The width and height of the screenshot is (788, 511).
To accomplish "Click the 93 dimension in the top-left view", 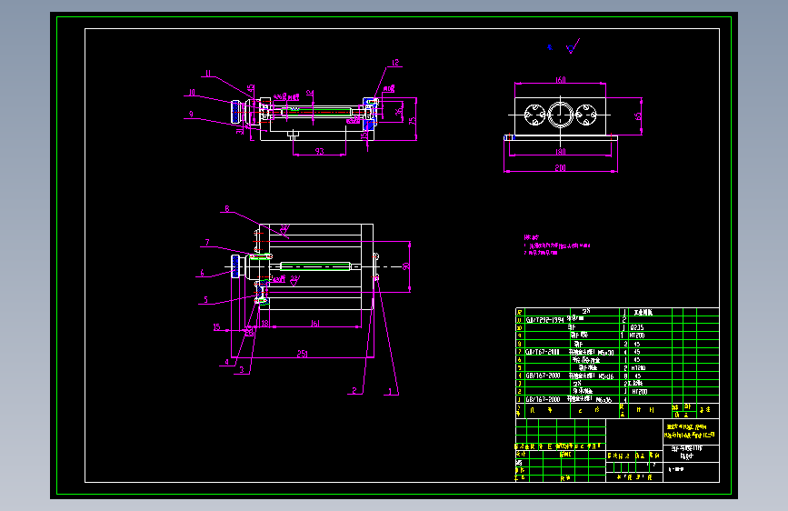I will pyautogui.click(x=319, y=150).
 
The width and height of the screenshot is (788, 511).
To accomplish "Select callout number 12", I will pyautogui.click(x=395, y=63).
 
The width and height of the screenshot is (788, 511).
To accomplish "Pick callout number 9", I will pyautogui.click(x=191, y=115).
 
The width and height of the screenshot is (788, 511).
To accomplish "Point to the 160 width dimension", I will pyautogui.click(x=561, y=80).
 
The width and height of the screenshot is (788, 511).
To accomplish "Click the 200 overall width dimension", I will pyautogui.click(x=560, y=168).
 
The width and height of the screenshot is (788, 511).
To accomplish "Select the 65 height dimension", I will pyautogui.click(x=639, y=115).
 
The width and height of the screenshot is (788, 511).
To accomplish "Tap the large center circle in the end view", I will pyautogui.click(x=561, y=115).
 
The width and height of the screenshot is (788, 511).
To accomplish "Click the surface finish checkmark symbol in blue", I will pyautogui.click(x=572, y=46).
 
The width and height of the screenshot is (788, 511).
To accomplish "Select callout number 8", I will pyautogui.click(x=227, y=208).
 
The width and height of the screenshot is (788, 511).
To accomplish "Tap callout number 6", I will pyautogui.click(x=202, y=273).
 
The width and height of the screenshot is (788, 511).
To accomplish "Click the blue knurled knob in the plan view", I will pyautogui.click(x=235, y=266).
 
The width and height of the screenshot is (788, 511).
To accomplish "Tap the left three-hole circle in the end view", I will pyautogui.click(x=533, y=115).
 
